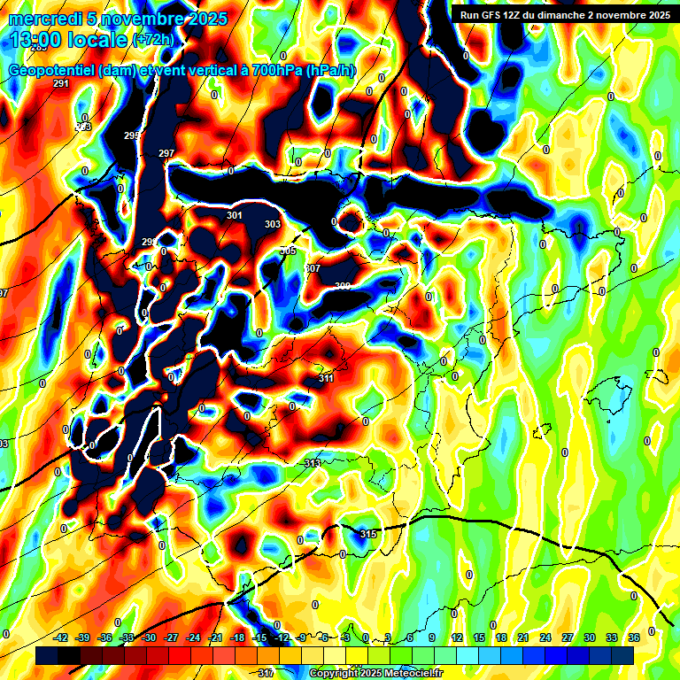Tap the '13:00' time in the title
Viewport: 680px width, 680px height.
[x=35, y=40]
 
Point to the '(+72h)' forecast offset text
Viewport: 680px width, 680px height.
[x=153, y=40]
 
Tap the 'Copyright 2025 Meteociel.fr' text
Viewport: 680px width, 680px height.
[x=375, y=674]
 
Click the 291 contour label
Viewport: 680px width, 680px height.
[x=60, y=83]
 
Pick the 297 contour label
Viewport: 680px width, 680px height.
[x=166, y=153]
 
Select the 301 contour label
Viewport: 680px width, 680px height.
[x=234, y=215]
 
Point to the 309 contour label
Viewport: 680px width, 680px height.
[x=343, y=286]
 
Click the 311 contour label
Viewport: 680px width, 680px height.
[x=326, y=378]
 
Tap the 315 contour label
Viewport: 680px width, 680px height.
[x=368, y=533]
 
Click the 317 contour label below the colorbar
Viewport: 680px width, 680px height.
[x=265, y=674]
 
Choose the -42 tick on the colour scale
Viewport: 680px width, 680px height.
[x=61, y=637]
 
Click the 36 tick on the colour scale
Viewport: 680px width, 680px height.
[x=634, y=637]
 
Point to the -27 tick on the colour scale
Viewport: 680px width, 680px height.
[x=171, y=637]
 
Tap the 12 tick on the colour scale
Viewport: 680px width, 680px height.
[x=457, y=637]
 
